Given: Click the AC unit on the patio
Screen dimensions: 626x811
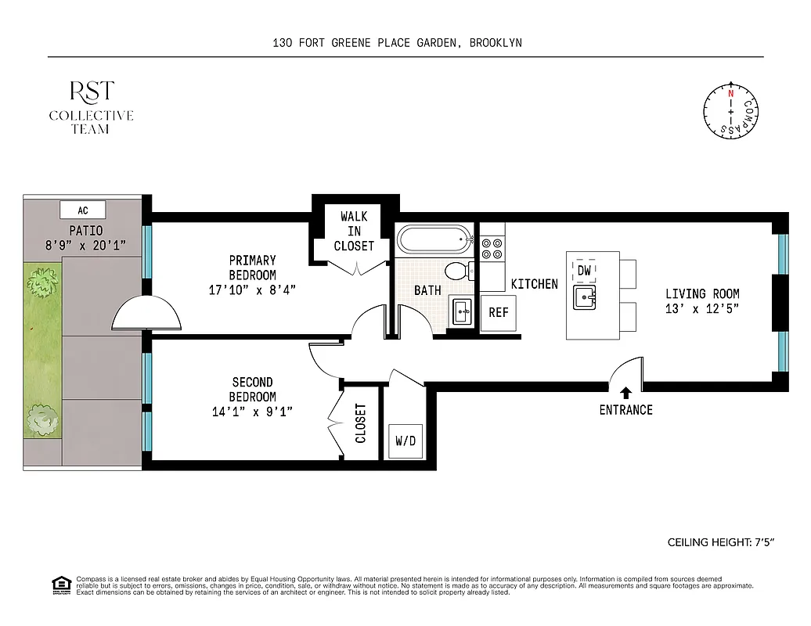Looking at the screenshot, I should (x=83, y=210).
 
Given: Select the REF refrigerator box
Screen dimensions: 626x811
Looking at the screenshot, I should (x=499, y=312).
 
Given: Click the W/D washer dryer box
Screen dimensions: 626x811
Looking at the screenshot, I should (x=405, y=441).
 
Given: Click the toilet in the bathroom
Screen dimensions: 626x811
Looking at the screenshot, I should (x=456, y=272).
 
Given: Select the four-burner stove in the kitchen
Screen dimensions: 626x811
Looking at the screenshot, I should (x=493, y=249).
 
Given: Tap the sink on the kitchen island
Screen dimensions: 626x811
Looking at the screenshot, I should (x=584, y=297).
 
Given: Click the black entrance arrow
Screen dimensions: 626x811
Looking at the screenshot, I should (x=625, y=393).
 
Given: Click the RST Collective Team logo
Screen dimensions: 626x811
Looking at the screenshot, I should (x=91, y=107).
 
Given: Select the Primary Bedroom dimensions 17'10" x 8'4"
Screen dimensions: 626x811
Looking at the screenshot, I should (x=252, y=290).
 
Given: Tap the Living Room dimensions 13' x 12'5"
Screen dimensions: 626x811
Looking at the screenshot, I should (x=702, y=308).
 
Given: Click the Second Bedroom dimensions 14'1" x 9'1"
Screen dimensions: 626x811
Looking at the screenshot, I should (x=252, y=412).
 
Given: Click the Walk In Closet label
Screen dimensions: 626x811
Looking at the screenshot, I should (x=354, y=231).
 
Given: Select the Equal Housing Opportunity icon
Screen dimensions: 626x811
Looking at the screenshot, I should (x=59, y=584).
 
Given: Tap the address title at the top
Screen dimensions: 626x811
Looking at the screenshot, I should (x=397, y=43).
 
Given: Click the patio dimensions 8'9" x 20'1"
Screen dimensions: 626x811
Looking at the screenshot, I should (x=85, y=246).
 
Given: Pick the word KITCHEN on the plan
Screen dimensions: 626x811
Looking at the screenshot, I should (x=534, y=284).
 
